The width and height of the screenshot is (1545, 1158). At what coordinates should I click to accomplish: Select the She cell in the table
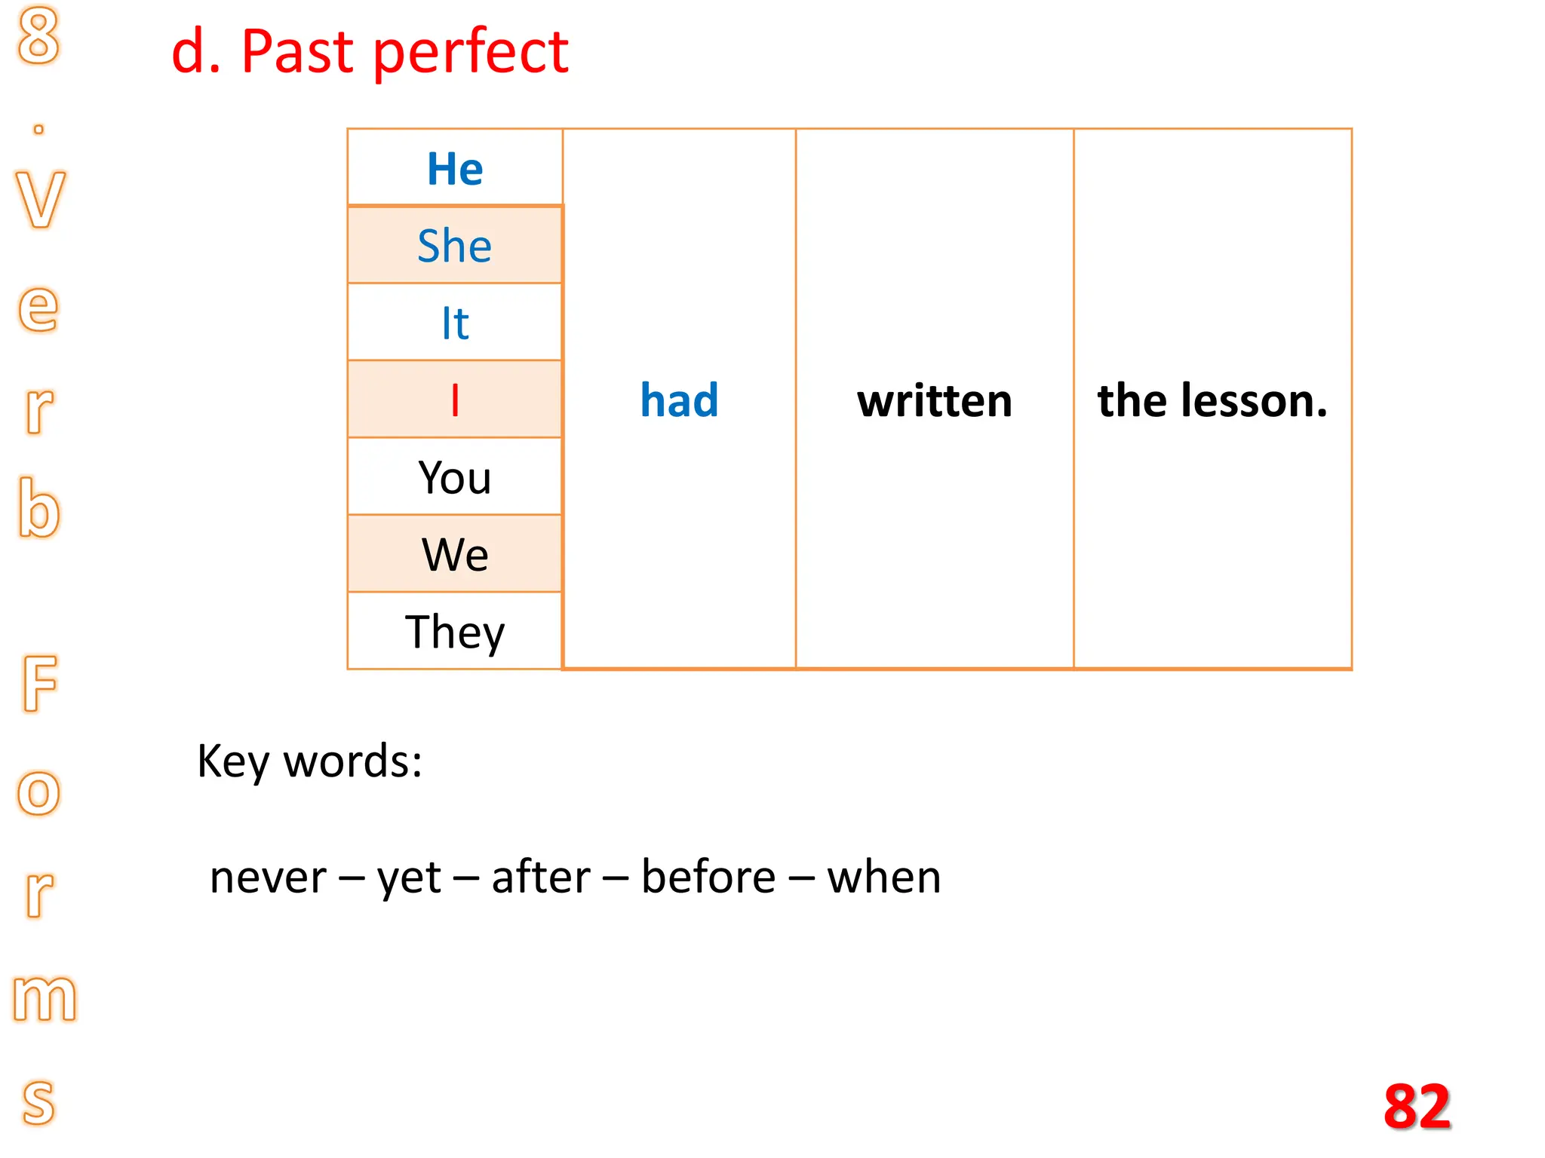[455, 246]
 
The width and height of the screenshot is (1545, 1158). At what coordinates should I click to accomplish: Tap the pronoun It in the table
[455, 323]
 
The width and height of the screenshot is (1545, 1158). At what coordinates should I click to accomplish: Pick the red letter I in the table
[455, 400]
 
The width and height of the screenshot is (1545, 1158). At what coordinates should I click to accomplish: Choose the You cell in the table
[455, 477]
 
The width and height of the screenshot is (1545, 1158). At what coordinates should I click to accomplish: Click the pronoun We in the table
[455, 555]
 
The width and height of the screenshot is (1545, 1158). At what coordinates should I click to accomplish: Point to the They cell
[455, 632]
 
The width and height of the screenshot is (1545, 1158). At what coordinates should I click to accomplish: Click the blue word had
[679, 400]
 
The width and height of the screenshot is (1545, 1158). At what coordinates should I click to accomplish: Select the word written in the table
[935, 400]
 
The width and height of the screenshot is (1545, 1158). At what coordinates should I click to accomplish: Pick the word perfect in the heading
[471, 53]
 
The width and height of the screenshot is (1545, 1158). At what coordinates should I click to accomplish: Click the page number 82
[1417, 1107]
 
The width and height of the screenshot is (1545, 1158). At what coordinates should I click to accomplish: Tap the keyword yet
[409, 878]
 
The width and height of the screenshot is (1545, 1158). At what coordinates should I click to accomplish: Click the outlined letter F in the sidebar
[40, 683]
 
